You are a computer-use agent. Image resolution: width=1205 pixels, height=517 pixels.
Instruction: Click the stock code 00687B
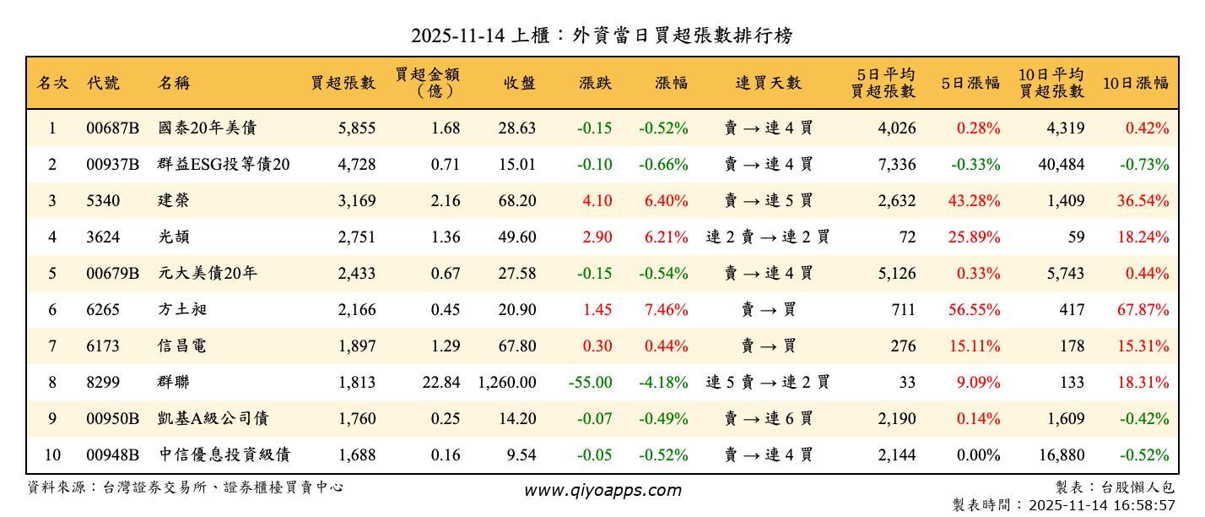[x=112, y=128]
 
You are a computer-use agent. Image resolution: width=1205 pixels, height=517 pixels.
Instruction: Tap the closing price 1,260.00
[x=506, y=383]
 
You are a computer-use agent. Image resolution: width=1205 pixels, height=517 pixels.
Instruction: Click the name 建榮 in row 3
[x=174, y=201]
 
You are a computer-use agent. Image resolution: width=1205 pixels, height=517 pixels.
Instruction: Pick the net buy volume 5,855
[x=356, y=128]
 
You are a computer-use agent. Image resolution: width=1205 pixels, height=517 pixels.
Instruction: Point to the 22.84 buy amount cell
[x=441, y=383]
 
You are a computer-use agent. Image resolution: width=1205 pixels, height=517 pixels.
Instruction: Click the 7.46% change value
[x=666, y=310]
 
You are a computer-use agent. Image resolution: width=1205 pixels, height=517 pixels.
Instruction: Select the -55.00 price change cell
[x=590, y=383]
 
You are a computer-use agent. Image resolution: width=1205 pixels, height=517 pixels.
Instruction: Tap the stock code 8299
[x=103, y=383]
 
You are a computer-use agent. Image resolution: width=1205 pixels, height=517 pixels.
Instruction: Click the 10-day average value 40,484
[x=1061, y=165]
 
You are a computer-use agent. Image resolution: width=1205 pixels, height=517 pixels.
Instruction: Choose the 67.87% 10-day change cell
[x=1143, y=310]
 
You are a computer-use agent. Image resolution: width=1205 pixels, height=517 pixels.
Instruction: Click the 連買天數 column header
[x=768, y=83]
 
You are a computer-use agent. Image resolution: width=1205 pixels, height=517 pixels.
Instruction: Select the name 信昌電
[x=182, y=346]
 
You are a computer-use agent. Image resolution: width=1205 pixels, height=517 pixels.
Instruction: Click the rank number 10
[x=52, y=455]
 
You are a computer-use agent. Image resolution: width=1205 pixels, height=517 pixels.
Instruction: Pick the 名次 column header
[x=52, y=83]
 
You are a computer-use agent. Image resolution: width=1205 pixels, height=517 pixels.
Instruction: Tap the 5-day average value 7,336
[x=896, y=165]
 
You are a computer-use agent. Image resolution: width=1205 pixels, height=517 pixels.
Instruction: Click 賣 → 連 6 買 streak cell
[x=768, y=419]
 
